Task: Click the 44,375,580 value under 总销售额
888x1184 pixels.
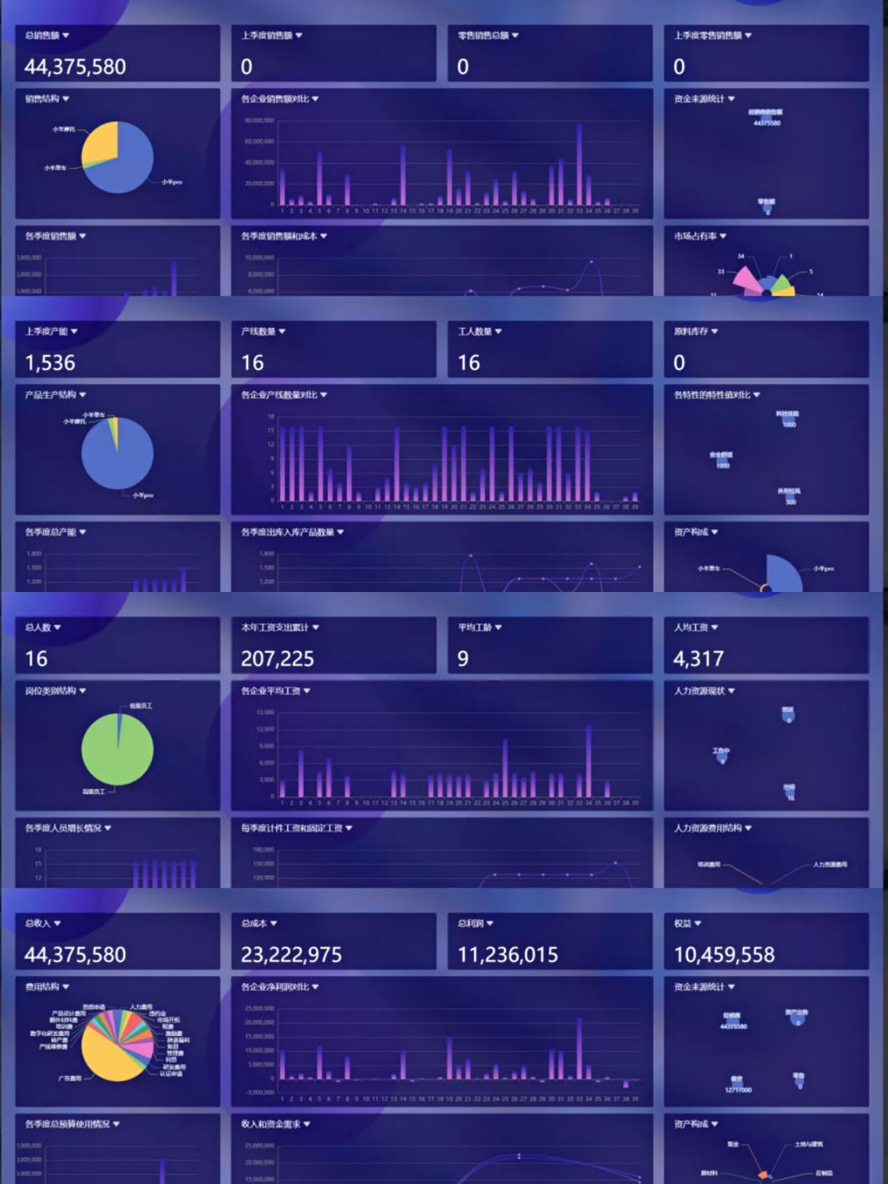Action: (x=75, y=67)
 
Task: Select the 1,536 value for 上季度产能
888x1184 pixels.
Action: (x=50, y=362)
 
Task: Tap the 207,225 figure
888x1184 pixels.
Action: (x=277, y=659)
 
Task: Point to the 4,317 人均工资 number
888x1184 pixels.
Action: (x=698, y=659)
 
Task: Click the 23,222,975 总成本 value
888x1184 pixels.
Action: (x=291, y=954)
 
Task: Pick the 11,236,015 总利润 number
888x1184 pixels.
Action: (x=507, y=954)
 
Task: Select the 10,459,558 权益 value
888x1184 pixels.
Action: (x=724, y=954)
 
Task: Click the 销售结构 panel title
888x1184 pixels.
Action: (x=42, y=99)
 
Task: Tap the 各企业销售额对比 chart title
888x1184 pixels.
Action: (x=275, y=99)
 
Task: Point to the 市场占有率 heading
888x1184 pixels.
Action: (x=695, y=236)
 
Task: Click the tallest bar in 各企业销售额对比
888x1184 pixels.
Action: (x=580, y=165)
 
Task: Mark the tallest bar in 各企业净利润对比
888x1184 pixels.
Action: (x=580, y=1048)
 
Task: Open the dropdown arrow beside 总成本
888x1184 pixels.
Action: (x=274, y=923)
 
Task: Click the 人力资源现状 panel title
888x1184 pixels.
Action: (x=699, y=691)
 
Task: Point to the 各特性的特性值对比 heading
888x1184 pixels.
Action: (x=712, y=394)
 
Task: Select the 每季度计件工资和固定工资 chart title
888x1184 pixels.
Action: (x=292, y=828)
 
